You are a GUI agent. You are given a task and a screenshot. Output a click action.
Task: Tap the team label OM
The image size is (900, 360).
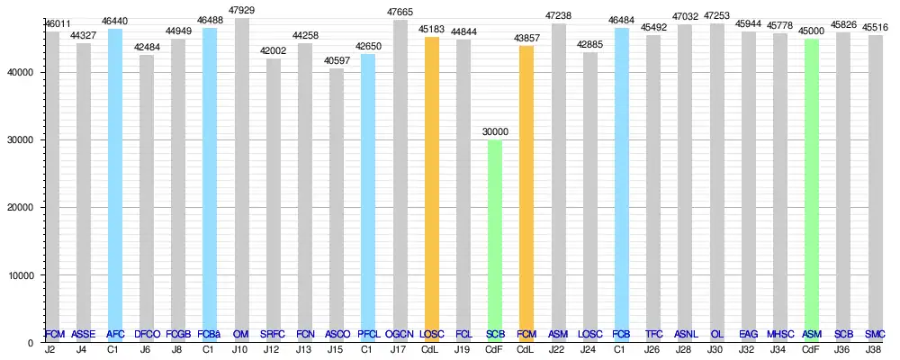[x=241, y=334]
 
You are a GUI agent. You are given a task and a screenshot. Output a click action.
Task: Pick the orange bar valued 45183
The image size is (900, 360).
[x=432, y=189]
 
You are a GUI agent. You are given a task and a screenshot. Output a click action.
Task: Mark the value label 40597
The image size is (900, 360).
[x=336, y=61]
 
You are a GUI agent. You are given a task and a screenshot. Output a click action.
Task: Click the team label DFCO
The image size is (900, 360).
[x=147, y=334]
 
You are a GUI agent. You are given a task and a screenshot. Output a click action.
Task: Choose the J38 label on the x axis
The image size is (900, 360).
[x=874, y=349]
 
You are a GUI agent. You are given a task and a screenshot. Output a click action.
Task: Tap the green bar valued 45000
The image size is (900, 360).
[x=812, y=190]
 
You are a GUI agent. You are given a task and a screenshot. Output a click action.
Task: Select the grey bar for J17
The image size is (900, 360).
[x=400, y=181]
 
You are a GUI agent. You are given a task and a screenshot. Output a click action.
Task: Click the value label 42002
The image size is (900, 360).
[x=273, y=51]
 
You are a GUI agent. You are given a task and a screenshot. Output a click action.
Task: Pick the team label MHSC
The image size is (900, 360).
[x=780, y=334]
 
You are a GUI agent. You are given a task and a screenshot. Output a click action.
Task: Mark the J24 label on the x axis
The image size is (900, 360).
[x=589, y=349]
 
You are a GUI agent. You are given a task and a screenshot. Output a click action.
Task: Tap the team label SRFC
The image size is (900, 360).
[x=273, y=334]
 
